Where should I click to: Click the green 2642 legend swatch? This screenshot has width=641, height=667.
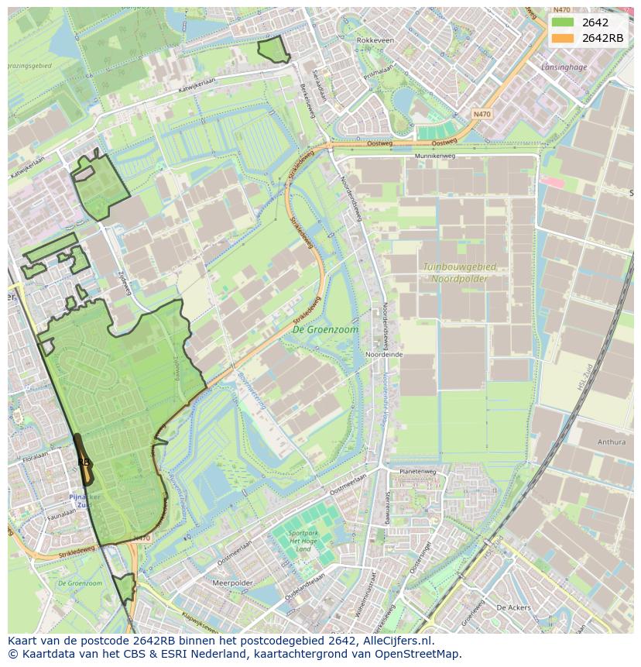pyautogui.click(x=563, y=22)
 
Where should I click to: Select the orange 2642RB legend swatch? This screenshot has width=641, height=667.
pyautogui.click(x=563, y=38)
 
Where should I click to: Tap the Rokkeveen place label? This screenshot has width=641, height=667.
pyautogui.click(x=375, y=40)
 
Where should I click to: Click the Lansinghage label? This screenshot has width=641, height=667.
pyautogui.click(x=564, y=67)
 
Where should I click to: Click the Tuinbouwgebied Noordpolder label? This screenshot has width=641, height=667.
pyautogui.click(x=459, y=272)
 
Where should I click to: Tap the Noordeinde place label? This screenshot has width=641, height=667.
pyautogui.click(x=383, y=354)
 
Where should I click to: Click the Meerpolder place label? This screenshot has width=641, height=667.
pyautogui.click(x=232, y=583)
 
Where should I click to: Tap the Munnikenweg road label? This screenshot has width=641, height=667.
pyautogui.click(x=435, y=156)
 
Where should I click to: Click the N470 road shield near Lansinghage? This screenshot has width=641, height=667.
pyautogui.click(x=482, y=114)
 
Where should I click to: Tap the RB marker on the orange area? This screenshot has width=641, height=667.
pyautogui.click(x=84, y=462)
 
